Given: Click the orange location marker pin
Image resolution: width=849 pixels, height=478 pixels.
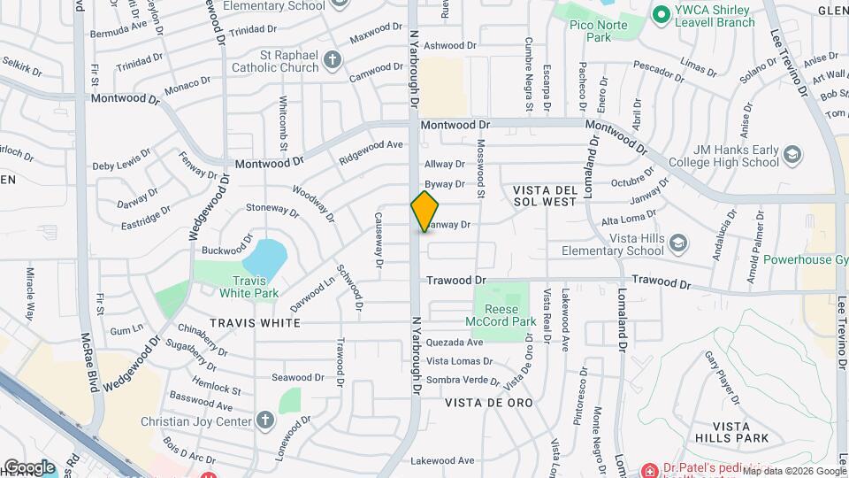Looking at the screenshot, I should (x=424, y=211).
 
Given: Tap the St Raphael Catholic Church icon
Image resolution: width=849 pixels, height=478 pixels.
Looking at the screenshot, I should (x=333, y=60).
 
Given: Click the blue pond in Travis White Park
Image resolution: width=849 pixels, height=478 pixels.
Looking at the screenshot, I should (x=264, y=257).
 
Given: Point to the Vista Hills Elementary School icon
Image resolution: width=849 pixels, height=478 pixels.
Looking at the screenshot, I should (x=678, y=243).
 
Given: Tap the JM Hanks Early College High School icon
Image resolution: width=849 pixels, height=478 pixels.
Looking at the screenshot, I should (x=792, y=156).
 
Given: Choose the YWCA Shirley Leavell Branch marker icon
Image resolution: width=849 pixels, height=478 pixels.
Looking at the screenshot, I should (x=659, y=14).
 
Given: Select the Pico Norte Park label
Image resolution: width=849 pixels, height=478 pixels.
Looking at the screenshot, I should (x=591, y=31).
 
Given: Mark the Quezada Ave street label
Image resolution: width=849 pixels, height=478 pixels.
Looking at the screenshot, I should (x=455, y=342).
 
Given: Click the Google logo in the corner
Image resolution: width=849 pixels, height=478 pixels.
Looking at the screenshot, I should (x=29, y=466).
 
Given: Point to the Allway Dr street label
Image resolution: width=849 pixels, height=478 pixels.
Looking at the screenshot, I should (x=444, y=164).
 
